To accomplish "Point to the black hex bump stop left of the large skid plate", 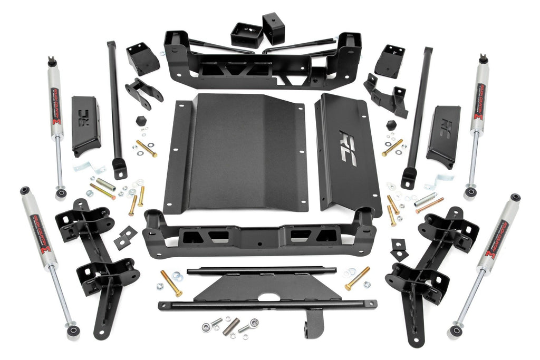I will pos(141,121).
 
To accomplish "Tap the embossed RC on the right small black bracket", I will pos(447,127).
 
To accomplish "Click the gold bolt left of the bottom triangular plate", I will pos(171,283).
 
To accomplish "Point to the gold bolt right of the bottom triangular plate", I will pos(358,278).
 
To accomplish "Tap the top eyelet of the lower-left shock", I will pos(24,190).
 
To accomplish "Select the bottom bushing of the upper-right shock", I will pos(469,193).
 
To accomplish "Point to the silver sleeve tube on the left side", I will pos(105,184).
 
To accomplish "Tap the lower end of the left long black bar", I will pos(119,170).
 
